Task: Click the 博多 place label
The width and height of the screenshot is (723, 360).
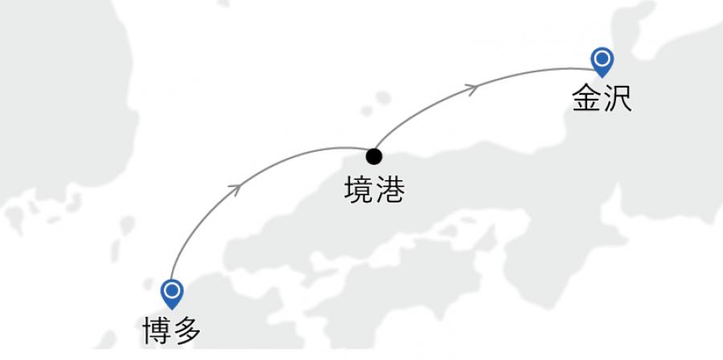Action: [x=170, y=330]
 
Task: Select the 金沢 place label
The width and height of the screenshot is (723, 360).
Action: [x=601, y=98]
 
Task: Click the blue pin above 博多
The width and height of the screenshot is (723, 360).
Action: [x=172, y=292]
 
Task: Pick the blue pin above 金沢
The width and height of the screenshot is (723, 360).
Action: [x=602, y=61]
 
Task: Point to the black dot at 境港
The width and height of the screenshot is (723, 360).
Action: [x=374, y=156]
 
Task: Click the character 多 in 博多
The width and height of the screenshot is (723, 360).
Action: [x=186, y=330]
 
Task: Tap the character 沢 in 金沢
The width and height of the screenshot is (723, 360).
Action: [x=616, y=98]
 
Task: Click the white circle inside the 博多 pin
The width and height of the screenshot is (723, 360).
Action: [x=172, y=289]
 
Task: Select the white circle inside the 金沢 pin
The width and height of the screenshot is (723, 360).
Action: [x=602, y=58]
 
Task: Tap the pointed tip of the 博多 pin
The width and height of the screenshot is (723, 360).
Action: [x=172, y=308]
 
